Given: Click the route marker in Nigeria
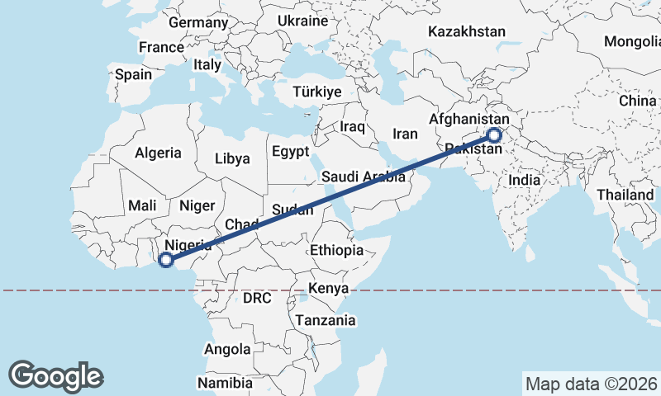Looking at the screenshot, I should click(x=165, y=260).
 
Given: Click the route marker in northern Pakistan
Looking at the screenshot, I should click(x=494, y=135).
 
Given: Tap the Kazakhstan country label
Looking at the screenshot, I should click(x=466, y=32).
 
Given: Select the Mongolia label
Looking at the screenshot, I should click(x=633, y=41).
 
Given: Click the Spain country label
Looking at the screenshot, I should click(x=133, y=74).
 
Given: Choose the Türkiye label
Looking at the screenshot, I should click(x=317, y=92).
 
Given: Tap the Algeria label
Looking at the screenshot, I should click(x=157, y=153).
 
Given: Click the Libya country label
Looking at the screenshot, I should click(x=232, y=158).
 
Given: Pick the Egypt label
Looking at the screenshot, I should click(x=289, y=152).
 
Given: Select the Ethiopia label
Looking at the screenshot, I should click(x=336, y=250).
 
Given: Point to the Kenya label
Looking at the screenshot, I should click(x=328, y=289).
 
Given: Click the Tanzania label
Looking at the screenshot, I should click(x=326, y=320).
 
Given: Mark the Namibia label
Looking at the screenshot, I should click(x=224, y=383).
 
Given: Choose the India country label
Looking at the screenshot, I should click(x=525, y=179).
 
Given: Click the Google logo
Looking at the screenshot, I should click(x=55, y=375).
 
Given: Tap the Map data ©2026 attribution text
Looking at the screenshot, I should click(x=591, y=384).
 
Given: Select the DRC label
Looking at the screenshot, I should click(x=258, y=297).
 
